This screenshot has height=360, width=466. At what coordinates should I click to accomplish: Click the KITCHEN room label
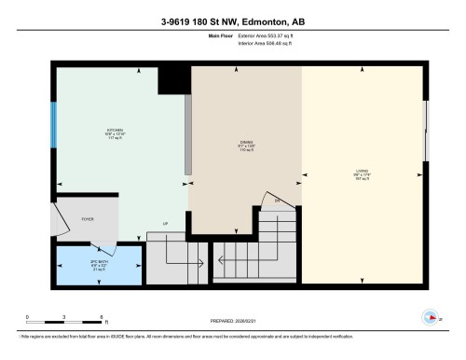115,131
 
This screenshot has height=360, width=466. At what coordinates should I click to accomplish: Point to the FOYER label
88,219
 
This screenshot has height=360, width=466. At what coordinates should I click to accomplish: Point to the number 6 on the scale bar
101,318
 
